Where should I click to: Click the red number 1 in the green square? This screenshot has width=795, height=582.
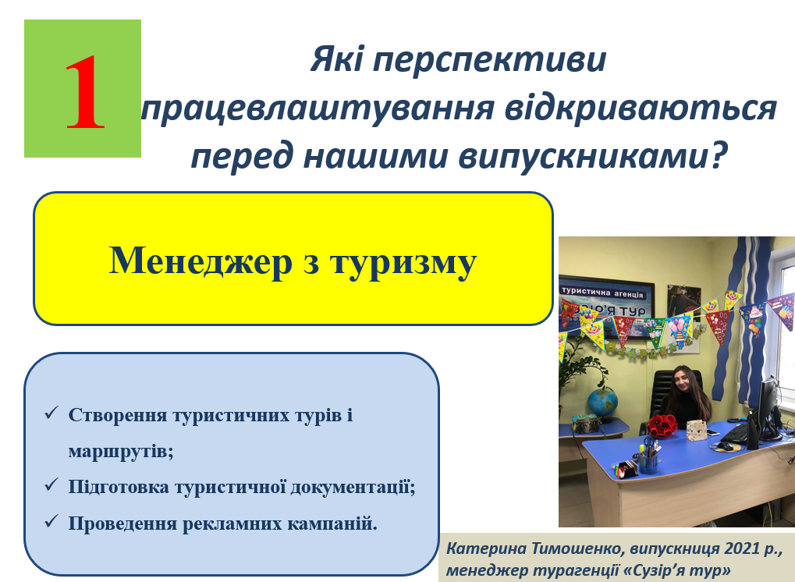pyautogui.click(x=85, y=92)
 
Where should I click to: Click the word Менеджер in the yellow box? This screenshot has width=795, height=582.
pyautogui.click(x=201, y=261)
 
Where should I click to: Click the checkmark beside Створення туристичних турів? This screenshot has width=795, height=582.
pyautogui.click(x=51, y=413)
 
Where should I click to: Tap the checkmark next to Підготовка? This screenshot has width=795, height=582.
pyautogui.click(x=51, y=484)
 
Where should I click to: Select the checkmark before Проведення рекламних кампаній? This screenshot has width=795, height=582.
pyautogui.click(x=51, y=520)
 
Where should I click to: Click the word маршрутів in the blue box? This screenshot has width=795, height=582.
pyautogui.click(x=121, y=451)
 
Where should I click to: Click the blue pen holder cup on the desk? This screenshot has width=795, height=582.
pyautogui.click(x=649, y=462)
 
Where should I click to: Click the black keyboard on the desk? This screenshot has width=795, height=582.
pyautogui.click(x=736, y=434)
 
